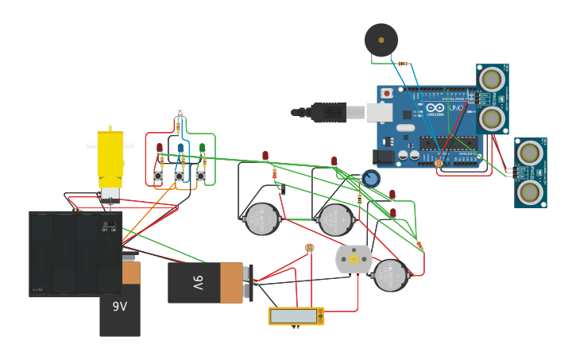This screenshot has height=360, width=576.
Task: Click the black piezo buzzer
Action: [381, 40]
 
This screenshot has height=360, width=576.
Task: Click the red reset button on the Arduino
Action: [387, 93]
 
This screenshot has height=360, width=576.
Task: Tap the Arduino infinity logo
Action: [435, 108]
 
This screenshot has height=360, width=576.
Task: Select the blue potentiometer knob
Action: [371, 178]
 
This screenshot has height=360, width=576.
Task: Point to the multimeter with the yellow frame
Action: [296, 315]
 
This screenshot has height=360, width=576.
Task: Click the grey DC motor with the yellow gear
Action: [354, 259]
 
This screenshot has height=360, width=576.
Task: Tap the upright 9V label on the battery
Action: [119, 307]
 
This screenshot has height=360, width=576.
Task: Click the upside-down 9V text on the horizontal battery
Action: [197, 282]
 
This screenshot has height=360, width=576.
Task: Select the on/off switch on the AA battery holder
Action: [109, 224]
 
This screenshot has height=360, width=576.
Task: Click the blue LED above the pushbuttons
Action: [180, 148]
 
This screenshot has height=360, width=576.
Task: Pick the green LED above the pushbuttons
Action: [202, 148]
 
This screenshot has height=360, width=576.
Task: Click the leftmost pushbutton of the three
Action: [158, 176]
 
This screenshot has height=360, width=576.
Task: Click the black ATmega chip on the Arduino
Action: [450, 143]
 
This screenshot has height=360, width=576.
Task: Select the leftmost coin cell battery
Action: [261, 219]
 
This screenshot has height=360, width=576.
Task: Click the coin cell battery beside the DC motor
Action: [390, 275]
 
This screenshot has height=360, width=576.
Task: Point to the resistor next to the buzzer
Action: [404, 64]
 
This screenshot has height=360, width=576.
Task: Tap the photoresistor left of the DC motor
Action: [309, 248]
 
